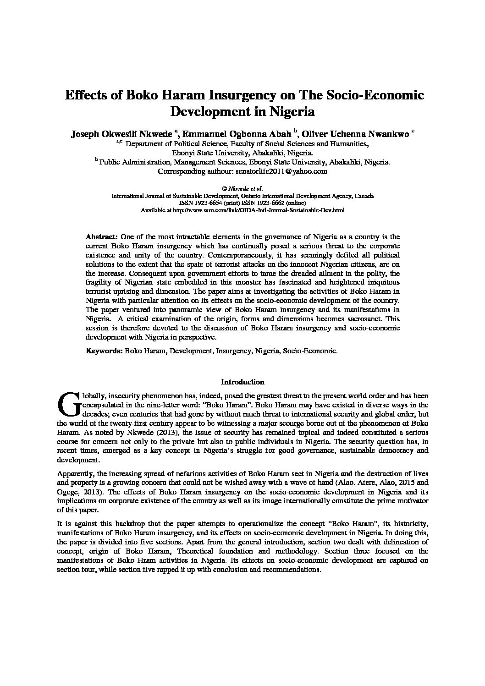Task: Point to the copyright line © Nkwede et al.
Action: click(242, 188)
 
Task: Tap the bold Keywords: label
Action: click(104, 351)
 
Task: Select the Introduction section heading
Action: click(242, 382)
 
